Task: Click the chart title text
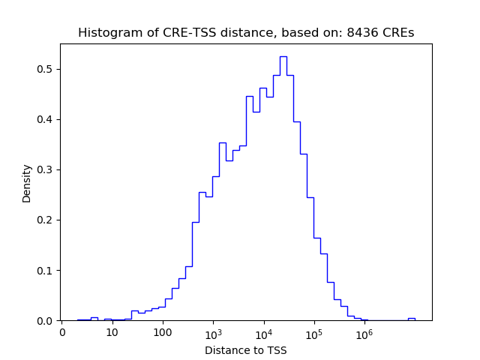pyautogui.click(x=246, y=33)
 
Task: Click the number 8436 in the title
pyautogui.click(x=360, y=33)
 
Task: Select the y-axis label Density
pyautogui.click(x=27, y=183)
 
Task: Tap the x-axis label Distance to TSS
pyautogui.click(x=245, y=350)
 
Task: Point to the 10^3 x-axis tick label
pyautogui.click(x=213, y=332)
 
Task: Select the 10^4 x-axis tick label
pyautogui.click(x=264, y=332)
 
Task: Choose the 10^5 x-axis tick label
pyautogui.click(x=314, y=332)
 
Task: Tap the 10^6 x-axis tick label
pyautogui.click(x=364, y=332)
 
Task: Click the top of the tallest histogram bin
pyautogui.click(x=283, y=57)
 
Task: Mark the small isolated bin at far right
pyautogui.click(x=411, y=319)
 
